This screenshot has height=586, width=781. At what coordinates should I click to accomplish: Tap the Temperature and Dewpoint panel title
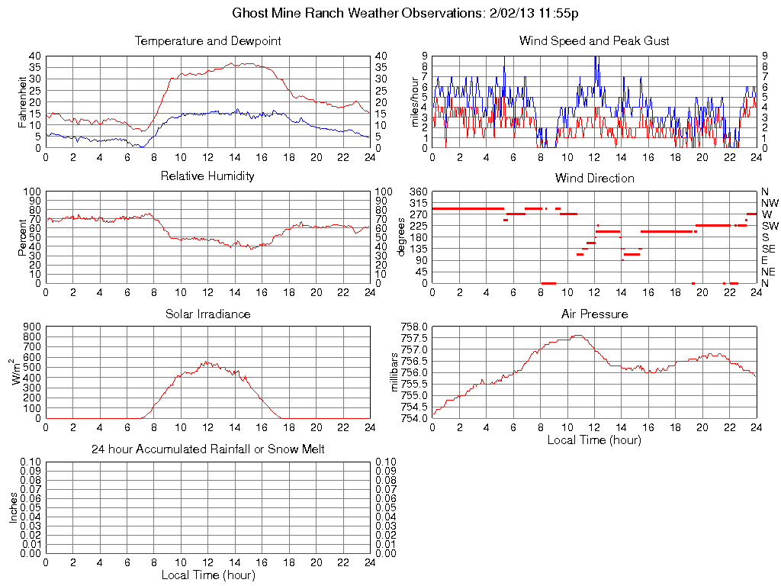[x=207, y=41]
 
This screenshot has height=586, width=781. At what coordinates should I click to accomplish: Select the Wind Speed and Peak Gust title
[x=594, y=41]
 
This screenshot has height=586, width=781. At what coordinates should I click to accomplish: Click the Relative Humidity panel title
[x=207, y=176]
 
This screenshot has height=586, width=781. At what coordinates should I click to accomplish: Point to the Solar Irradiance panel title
[x=207, y=314]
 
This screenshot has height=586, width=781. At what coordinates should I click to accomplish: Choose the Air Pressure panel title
[x=594, y=314]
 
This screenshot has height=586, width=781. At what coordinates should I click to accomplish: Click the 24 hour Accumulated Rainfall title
[x=207, y=449]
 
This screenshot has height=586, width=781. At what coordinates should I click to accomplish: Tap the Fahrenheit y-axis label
[x=23, y=101]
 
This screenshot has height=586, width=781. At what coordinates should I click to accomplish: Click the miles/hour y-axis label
[x=416, y=101]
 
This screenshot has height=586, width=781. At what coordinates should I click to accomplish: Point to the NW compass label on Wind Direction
[x=770, y=203]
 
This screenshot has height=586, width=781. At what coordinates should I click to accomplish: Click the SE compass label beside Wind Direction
[x=769, y=249]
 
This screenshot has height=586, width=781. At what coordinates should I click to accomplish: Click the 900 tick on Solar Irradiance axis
[x=32, y=327]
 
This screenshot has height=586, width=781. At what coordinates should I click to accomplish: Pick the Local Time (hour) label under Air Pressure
[x=594, y=439]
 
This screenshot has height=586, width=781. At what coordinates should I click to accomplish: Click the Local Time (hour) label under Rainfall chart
[x=207, y=575]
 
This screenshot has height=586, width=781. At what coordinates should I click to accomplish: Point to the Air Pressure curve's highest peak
[x=578, y=335]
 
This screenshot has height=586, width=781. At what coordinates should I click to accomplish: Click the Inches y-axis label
[x=13, y=507]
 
